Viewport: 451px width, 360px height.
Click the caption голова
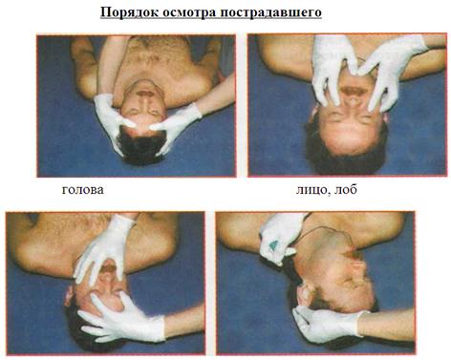[x=83, y=190]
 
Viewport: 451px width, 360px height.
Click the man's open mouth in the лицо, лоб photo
[x=353, y=91]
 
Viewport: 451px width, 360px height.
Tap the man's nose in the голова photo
[x=145, y=102]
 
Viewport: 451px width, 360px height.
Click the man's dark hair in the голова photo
[x=141, y=145]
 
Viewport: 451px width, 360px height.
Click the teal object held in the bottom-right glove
[x=274, y=246]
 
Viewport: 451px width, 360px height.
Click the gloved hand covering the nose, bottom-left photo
[x=104, y=248]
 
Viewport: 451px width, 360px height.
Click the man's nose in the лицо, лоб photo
[x=354, y=105]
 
